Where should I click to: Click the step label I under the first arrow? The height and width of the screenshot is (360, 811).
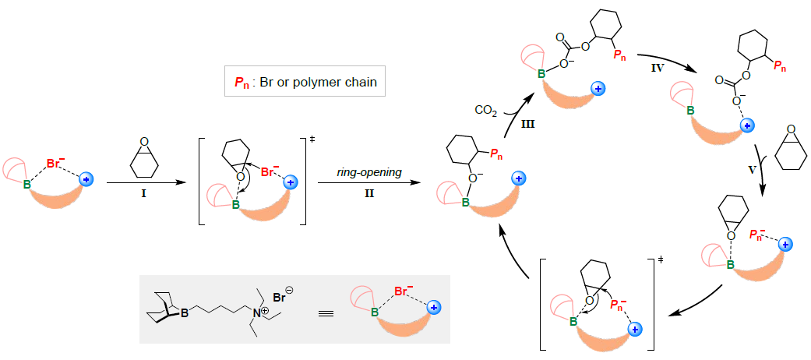(142, 197)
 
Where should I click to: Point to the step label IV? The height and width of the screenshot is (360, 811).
(658, 69)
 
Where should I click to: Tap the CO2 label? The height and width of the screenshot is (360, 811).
(487, 110)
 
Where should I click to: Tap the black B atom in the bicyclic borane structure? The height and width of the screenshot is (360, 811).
(182, 312)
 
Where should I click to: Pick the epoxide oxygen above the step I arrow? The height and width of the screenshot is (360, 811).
(144, 143)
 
